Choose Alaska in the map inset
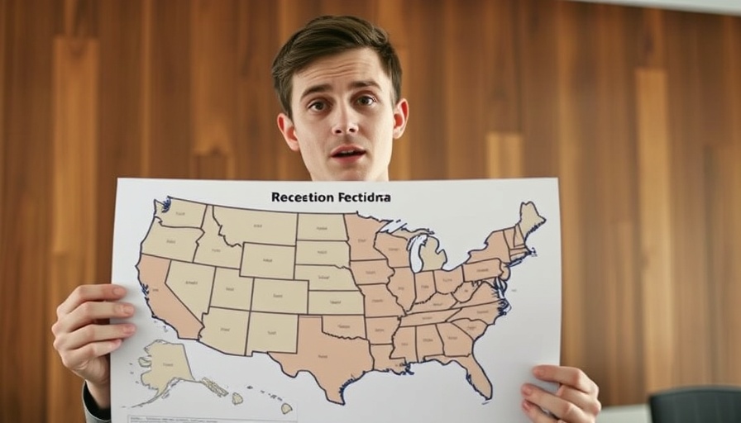[165, 367]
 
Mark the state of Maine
[528, 218]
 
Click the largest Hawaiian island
[286, 408]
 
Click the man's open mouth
[348, 153]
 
